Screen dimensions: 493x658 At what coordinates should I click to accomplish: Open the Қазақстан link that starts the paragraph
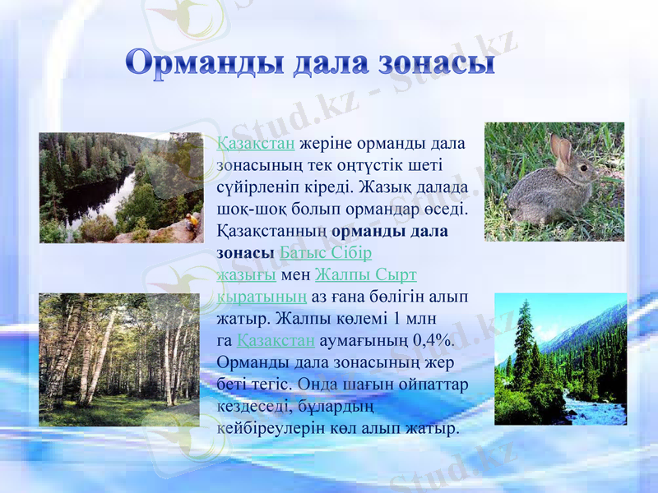point(256,144)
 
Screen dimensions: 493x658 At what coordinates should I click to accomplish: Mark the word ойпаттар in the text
point(436,384)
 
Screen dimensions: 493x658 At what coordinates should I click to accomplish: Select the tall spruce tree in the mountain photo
point(523,345)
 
